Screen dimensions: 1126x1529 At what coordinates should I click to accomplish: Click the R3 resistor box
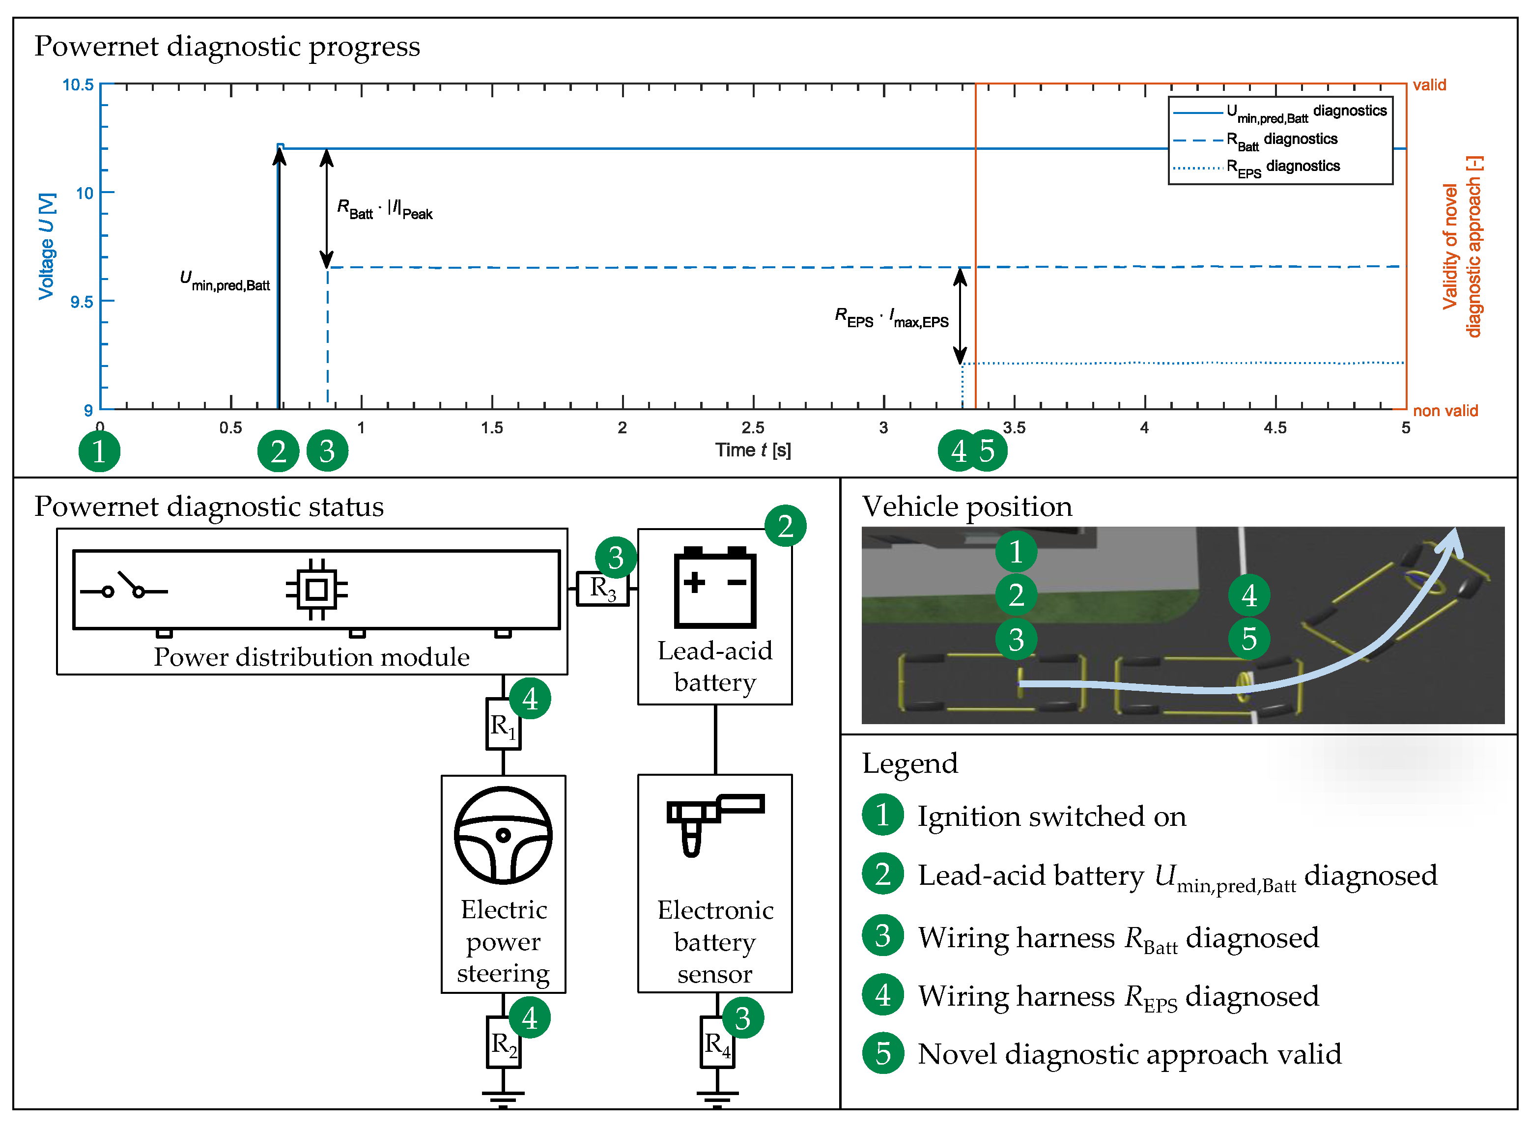[601, 588]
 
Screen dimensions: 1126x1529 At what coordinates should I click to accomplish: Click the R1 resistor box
[503, 724]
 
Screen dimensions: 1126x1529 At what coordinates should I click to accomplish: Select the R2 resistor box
[503, 1042]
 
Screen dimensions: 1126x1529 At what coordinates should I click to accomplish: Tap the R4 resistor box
[716, 1042]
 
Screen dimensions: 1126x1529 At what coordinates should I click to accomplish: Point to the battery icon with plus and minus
[714, 587]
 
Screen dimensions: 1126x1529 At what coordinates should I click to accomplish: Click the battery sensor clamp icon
[712, 821]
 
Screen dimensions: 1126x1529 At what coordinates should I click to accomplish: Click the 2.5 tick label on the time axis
[753, 427]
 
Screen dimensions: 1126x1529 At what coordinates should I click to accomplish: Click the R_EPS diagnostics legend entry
[1281, 167]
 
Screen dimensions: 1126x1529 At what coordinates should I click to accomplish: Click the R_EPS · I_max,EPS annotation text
[891, 318]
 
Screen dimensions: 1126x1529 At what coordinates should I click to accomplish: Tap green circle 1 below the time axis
[100, 451]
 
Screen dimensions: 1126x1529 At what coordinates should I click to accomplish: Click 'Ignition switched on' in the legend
[1050, 816]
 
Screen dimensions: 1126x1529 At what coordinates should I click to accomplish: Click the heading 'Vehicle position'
[966, 507]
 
